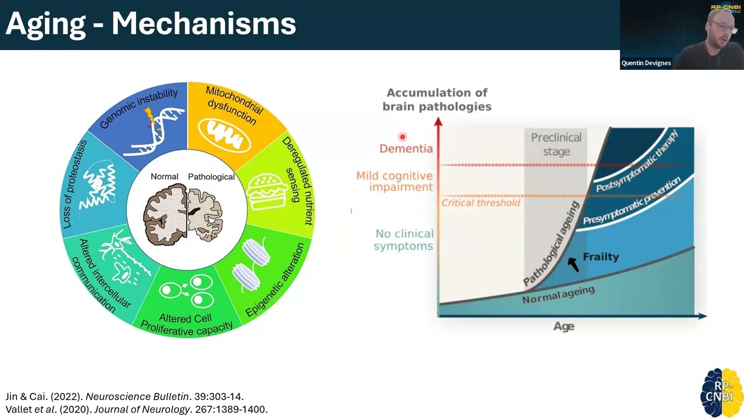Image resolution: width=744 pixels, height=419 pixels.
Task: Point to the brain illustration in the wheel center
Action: tap(187, 212)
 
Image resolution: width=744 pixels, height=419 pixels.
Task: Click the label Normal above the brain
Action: tap(164, 176)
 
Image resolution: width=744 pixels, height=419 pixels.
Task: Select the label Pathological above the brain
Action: tap(211, 176)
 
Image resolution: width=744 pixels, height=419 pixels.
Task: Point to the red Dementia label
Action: tap(406, 148)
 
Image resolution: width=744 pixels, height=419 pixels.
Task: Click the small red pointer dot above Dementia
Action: tap(402, 137)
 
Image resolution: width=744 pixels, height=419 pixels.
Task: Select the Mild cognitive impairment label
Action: tap(395, 181)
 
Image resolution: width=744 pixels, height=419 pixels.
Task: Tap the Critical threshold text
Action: tap(481, 203)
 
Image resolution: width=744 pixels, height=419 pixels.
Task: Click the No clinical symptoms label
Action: tap(404, 240)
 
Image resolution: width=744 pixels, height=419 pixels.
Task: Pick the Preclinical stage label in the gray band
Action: tap(556, 144)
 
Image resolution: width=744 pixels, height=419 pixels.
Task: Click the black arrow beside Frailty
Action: tap(574, 264)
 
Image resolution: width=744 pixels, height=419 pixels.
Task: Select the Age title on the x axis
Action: tap(564, 326)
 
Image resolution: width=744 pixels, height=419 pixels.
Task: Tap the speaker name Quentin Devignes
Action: tap(646, 63)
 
